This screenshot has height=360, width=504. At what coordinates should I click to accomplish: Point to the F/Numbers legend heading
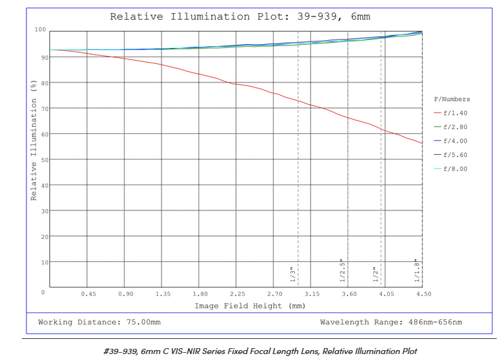[x=452, y=99]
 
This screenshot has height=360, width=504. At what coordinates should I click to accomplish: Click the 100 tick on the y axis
[x=40, y=30]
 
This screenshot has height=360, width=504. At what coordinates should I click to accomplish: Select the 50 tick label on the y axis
[x=42, y=160]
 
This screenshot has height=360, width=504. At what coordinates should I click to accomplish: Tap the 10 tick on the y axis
[x=42, y=262]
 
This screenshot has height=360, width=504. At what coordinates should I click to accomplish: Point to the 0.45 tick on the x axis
[x=88, y=294]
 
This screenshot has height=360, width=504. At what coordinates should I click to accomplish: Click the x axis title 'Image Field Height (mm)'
[x=250, y=306]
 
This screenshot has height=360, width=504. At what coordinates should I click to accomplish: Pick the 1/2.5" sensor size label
[x=342, y=270]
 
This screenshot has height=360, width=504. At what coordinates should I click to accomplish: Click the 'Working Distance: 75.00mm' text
[x=99, y=322]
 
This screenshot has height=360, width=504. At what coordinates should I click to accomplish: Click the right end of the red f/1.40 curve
[x=422, y=143]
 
